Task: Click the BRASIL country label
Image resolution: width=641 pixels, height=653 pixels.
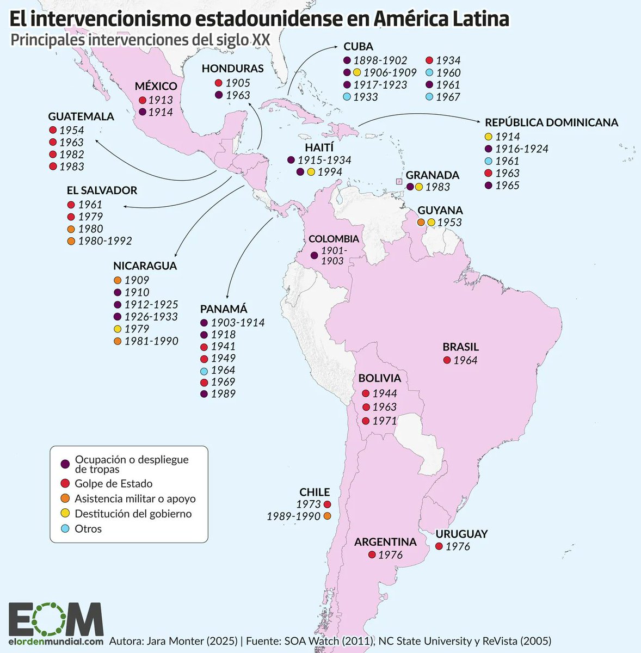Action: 460,347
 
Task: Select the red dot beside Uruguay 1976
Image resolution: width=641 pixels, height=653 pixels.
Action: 439,546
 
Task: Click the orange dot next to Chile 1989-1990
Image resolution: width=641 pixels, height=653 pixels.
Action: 327,516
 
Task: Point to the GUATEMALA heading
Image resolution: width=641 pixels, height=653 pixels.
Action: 81,116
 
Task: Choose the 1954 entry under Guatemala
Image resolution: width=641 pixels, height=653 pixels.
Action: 72,130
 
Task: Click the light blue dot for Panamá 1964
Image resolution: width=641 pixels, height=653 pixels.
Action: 204,370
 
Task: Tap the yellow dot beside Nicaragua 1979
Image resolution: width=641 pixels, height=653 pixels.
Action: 118,329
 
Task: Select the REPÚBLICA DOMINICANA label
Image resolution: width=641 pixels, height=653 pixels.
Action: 551,122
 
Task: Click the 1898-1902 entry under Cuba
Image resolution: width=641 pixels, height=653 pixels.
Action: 380,60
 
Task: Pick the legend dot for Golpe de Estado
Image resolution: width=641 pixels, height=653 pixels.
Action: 65,484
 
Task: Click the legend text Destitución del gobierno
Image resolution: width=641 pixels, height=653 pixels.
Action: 133,514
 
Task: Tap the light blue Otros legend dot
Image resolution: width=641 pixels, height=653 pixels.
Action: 65,529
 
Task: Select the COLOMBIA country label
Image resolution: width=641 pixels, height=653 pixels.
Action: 334,239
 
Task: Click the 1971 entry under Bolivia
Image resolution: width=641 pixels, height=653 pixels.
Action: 384,421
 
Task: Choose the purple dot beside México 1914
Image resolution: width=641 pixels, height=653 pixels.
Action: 143,112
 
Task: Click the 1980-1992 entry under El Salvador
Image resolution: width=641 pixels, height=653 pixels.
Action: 104,241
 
